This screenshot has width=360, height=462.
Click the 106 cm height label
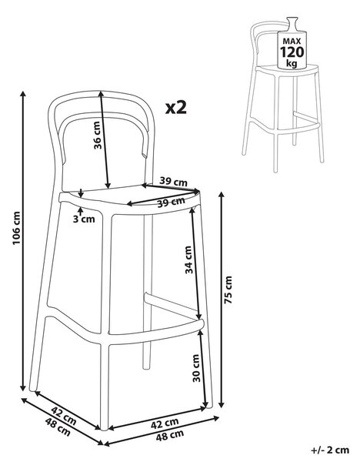tap(16, 228)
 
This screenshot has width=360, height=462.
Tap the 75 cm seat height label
tap(228, 290)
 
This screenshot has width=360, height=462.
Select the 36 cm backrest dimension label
tap(98, 136)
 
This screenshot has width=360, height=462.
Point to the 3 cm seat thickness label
tap(84, 219)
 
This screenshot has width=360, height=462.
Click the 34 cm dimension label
tap(188, 260)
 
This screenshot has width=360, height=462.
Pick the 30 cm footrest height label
tap(196, 368)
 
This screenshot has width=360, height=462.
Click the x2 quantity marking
tap(176, 108)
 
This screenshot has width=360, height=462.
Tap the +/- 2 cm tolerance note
tap(330, 450)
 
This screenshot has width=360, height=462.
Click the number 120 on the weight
tap(292, 52)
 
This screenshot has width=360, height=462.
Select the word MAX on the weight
tap(292, 41)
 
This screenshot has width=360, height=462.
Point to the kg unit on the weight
tap(292, 63)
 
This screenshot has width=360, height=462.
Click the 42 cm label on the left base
tap(64, 416)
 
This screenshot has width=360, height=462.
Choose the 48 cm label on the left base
tap(58, 427)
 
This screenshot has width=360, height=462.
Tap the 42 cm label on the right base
tap(165, 423)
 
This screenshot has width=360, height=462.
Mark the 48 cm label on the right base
tap(170, 435)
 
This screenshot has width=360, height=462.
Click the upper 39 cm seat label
tap(173, 181)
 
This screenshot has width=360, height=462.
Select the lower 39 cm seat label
tap(171, 202)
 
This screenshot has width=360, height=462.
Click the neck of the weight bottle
tap(292, 23)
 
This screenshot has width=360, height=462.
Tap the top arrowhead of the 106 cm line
tap(22, 94)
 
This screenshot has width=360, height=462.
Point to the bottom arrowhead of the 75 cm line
tap(222, 404)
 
